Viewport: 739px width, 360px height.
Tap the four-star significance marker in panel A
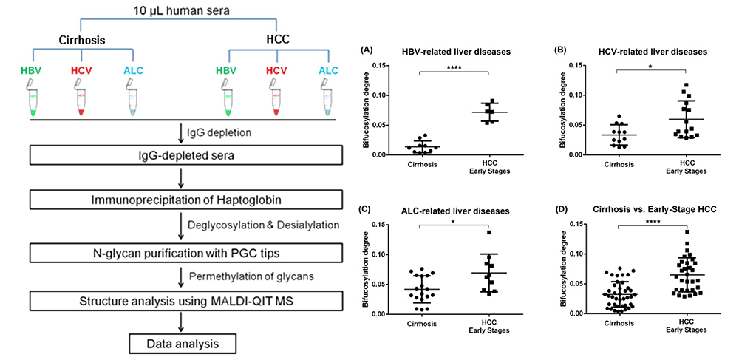[454, 67]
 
